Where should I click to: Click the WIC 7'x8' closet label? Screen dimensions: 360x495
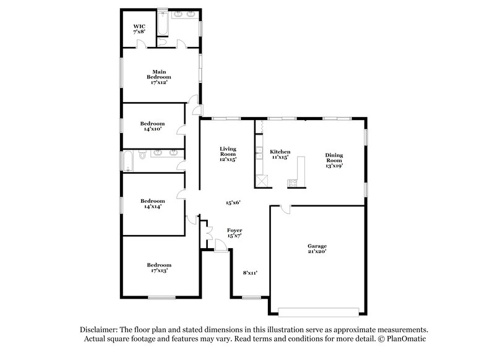click(139, 29)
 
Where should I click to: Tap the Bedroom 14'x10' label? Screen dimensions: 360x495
click(152, 126)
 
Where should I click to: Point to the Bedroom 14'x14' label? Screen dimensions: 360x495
click(152, 204)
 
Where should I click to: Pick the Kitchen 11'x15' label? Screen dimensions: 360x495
click(280, 155)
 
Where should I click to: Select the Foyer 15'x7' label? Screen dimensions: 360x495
click(234, 233)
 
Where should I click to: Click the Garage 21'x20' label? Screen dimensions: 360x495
click(317, 249)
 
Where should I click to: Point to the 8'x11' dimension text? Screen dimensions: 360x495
click(249, 272)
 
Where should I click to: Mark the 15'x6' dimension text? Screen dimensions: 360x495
click(233, 202)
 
